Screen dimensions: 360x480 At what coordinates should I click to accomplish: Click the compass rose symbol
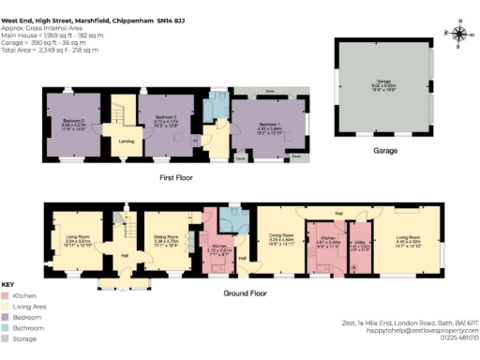coord(458,35)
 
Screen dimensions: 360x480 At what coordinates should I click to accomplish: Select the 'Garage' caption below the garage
coord(384,150)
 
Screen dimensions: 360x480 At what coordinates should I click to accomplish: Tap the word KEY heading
coord(8,284)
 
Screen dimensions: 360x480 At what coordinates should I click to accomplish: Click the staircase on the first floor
coord(121,113)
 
